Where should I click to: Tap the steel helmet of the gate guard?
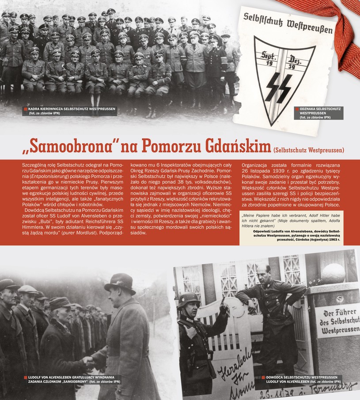coord(189,300)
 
